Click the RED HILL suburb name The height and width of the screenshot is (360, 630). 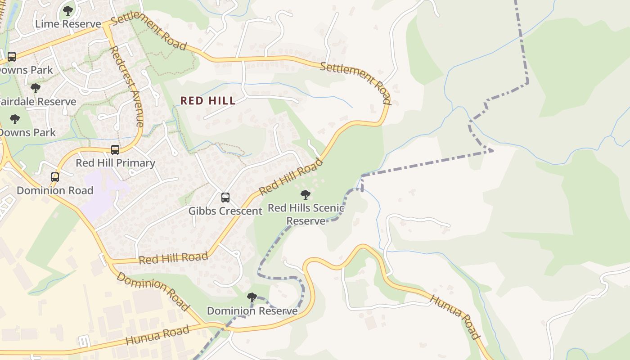[208, 101]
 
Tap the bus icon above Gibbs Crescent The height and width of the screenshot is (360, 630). [225, 198]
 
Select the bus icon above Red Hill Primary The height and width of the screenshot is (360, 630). [115, 150]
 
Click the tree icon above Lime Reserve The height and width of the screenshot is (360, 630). [68, 11]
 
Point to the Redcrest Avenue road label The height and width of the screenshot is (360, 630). [127, 85]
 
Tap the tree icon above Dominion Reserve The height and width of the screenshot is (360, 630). [252, 297]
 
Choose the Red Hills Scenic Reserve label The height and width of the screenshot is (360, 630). [306, 214]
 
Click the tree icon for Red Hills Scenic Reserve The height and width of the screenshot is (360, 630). [306, 195]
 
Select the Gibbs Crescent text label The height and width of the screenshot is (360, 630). [225, 211]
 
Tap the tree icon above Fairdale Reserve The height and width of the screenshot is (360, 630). [36, 88]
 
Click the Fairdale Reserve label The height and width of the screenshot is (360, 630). [38, 102]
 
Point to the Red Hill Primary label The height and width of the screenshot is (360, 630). [115, 163]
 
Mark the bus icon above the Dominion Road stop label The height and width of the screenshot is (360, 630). [55, 177]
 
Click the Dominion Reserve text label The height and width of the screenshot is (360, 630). [252, 311]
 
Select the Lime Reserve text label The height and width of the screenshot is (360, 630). [68, 24]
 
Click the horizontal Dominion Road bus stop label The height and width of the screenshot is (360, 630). [55, 190]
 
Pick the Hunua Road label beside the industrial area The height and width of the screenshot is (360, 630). [157, 336]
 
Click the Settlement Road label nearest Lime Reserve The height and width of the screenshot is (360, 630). [148, 32]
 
